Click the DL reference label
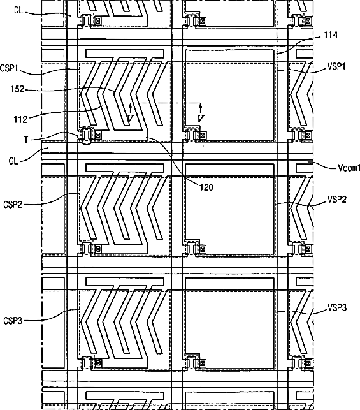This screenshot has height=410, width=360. (18, 10)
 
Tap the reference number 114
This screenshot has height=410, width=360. (331, 35)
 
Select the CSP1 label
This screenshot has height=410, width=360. (9, 68)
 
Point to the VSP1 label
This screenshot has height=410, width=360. (336, 66)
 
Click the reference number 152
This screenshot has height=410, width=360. (17, 89)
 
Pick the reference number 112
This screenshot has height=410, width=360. (20, 120)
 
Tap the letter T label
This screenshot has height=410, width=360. (26, 140)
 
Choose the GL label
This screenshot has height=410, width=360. (13, 161)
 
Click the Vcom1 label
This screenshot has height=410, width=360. (349, 168)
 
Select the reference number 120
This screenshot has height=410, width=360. (206, 187)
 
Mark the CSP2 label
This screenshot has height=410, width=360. (13, 204)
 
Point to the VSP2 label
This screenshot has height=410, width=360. (337, 200)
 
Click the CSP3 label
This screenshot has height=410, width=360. (13, 321)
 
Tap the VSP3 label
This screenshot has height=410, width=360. (337, 308)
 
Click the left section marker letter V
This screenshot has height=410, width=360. (130, 119)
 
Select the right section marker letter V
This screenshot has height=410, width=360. (200, 119)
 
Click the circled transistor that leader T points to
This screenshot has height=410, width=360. (86, 135)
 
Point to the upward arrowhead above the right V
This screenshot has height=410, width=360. (200, 106)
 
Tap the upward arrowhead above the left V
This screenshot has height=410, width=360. (130, 106)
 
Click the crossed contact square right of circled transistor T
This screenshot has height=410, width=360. (97, 135)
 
